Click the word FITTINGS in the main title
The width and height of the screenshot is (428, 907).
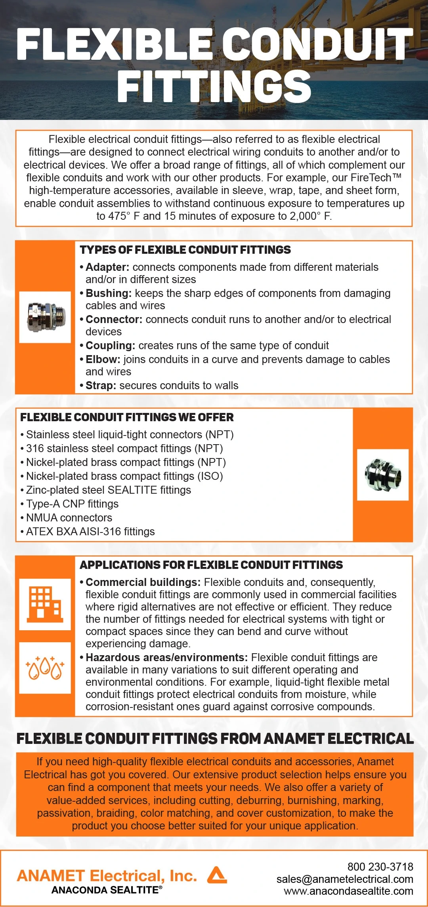coord(214,86)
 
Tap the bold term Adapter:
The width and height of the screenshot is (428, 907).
coord(107,267)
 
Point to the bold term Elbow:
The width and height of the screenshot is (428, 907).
coord(103,359)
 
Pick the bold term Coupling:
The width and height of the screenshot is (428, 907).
coord(111,346)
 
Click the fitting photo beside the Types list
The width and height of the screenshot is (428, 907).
coord(45,317)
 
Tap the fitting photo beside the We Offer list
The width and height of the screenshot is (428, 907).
coord(382,475)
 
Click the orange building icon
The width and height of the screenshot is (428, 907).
coord(45,604)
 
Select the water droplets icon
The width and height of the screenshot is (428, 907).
coord(45,668)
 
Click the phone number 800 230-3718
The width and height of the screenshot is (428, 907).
coord(380,867)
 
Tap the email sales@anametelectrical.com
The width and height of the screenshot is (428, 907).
coord(345,879)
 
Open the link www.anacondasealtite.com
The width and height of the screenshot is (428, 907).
coord(348,891)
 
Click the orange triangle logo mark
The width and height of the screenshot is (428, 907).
coord(217,875)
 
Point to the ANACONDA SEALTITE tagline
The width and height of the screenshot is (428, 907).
coord(107,890)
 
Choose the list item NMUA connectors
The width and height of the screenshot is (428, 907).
coord(69,518)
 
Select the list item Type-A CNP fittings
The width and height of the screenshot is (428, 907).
coord(72,504)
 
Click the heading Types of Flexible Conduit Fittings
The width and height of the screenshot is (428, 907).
coord(185,250)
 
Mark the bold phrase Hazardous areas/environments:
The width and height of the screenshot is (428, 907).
coord(166,658)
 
